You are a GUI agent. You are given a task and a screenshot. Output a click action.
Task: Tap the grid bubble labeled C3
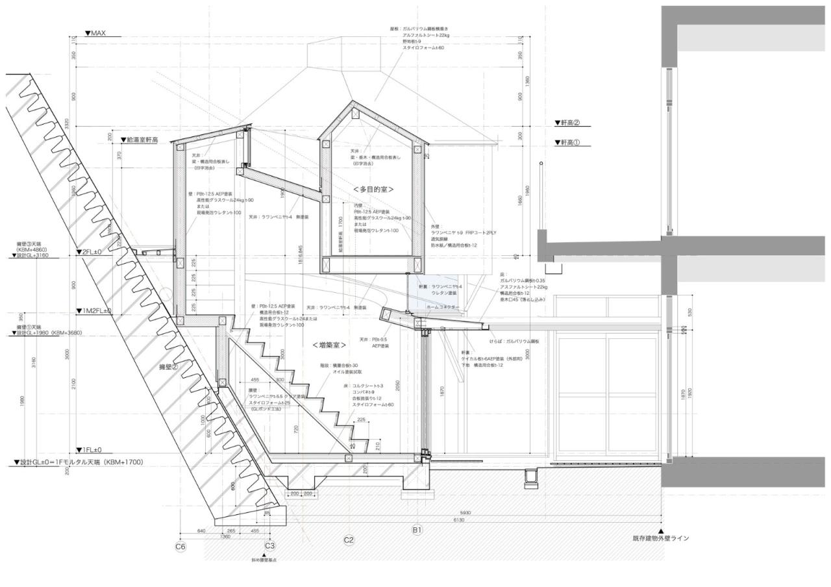coord(270,546)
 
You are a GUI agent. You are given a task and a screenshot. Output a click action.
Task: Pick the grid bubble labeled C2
coord(349,540)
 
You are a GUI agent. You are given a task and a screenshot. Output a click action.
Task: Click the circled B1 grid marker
coord(417,531)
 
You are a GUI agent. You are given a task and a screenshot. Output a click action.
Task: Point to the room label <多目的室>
coord(374,188)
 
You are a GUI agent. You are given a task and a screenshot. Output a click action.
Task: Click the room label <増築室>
coord(329,345)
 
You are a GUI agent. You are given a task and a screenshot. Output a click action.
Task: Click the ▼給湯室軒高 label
coord(139,140)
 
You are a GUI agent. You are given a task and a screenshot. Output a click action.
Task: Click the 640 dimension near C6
coord(201,531)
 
